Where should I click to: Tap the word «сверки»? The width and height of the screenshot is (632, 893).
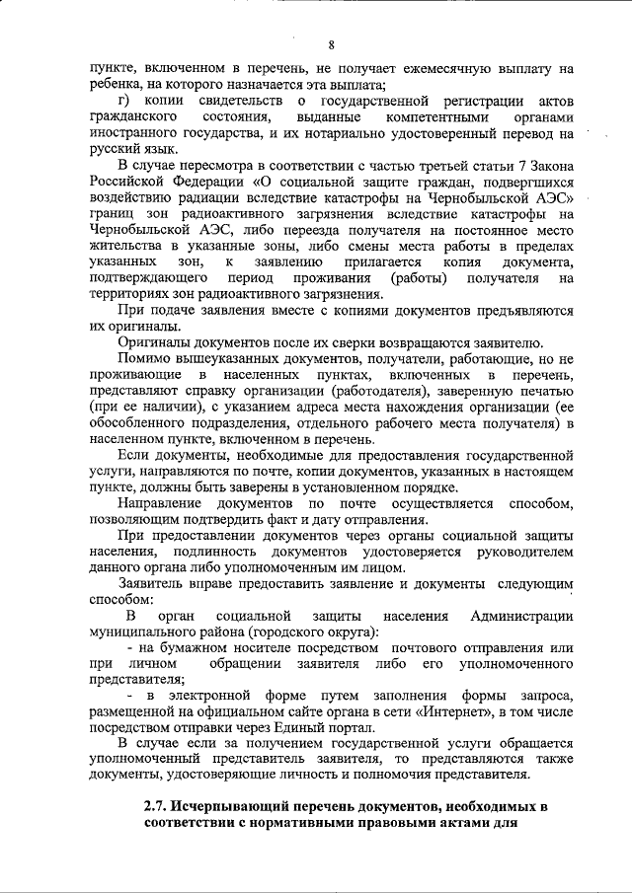pos(349,341)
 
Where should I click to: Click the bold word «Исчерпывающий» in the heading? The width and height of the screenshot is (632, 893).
pos(239,807)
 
